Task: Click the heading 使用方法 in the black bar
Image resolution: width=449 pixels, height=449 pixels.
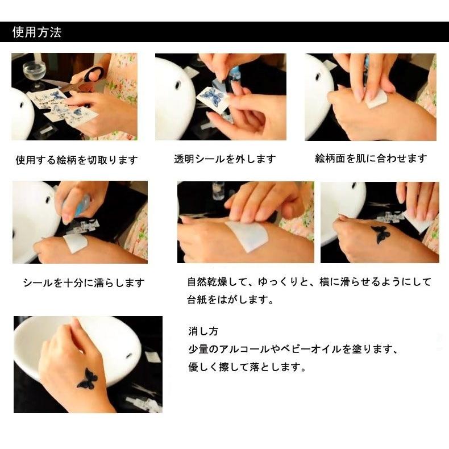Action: coord(36,32)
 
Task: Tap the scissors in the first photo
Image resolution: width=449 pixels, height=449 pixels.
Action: coord(85,78)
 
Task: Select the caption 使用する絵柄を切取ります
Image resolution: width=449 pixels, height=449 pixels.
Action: coord(76,160)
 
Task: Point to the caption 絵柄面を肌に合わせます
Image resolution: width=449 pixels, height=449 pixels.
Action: coord(371,159)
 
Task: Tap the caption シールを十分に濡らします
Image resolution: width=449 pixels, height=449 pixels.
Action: coord(84,282)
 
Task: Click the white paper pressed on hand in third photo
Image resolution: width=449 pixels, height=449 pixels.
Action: coord(376,99)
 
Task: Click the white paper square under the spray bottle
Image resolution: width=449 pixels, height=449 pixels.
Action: coord(75,243)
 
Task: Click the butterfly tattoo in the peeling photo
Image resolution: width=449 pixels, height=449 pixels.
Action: coord(379,234)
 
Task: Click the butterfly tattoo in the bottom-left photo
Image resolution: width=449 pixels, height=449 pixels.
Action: coord(87,379)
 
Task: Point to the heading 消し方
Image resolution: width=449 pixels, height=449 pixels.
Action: coord(203,331)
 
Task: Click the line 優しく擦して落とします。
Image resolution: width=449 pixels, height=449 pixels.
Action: coord(247,367)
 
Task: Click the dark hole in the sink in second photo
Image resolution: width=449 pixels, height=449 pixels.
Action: coord(177,85)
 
